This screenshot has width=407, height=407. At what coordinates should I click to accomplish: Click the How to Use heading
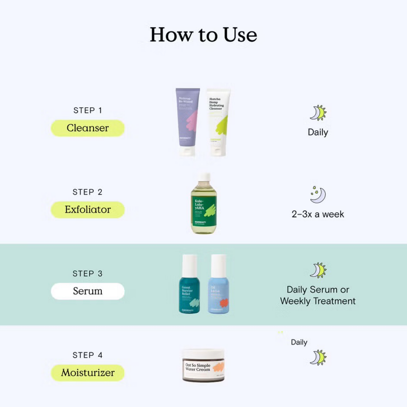click(203, 35)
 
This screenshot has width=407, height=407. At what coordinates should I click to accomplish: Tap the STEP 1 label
click(88, 110)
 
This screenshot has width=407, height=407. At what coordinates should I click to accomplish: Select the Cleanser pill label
click(88, 128)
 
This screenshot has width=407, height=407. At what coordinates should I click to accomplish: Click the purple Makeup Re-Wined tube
click(187, 121)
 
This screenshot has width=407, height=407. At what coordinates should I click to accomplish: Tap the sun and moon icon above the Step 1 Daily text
click(318, 113)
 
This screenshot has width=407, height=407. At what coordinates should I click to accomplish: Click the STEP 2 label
click(88, 192)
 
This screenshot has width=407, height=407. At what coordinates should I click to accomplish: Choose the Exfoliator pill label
click(88, 210)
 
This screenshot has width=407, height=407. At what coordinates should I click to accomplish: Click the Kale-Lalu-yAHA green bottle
click(204, 208)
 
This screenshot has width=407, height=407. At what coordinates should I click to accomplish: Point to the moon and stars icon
click(318, 194)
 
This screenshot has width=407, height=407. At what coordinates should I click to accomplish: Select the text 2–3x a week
click(318, 214)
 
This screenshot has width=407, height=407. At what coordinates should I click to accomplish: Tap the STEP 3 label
click(88, 273)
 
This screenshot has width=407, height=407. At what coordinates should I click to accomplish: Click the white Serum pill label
click(88, 291)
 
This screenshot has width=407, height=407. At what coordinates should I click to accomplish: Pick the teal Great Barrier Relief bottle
click(189, 290)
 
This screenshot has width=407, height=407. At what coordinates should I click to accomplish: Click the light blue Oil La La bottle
click(219, 290)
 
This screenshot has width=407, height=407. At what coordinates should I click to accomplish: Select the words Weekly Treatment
click(318, 301)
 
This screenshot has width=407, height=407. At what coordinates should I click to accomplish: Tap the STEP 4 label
click(88, 355)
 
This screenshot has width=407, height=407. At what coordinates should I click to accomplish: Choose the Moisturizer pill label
click(88, 373)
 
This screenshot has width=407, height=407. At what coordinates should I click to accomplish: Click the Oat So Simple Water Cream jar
click(203, 366)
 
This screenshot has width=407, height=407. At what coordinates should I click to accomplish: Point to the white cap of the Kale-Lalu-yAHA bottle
click(204, 177)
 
